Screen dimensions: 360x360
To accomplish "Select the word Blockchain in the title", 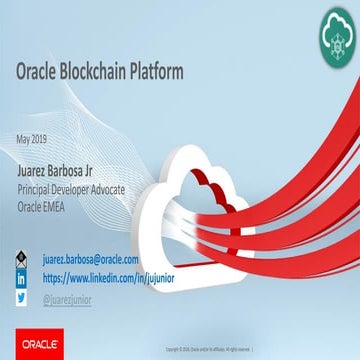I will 110,72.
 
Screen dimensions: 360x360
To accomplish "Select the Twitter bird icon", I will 20,297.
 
